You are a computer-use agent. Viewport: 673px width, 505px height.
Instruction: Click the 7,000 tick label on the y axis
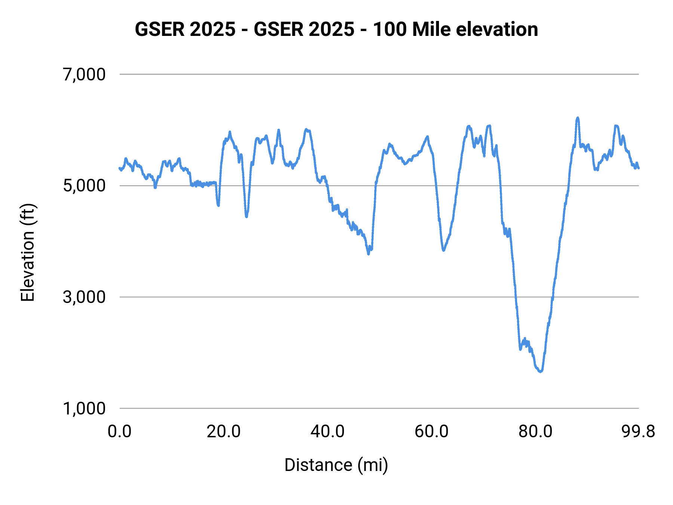[84, 74]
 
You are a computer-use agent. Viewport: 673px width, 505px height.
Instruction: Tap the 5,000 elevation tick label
[84, 186]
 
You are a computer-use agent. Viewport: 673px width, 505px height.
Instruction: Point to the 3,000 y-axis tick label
[84, 297]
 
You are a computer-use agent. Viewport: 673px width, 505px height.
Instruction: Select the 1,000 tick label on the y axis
[84, 408]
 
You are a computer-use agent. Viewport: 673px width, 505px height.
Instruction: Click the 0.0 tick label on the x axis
[120, 432]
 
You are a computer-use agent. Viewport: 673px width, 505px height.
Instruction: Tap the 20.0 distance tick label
[224, 432]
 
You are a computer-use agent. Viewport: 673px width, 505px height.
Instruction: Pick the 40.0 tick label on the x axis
[328, 432]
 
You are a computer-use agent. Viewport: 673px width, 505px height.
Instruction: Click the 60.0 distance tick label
[431, 432]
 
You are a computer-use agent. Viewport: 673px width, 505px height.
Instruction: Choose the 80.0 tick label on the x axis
[535, 432]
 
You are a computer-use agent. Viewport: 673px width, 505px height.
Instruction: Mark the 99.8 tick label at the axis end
[638, 432]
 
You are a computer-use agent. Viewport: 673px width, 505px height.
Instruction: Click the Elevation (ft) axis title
[28, 253]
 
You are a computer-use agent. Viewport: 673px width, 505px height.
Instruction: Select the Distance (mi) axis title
[336, 465]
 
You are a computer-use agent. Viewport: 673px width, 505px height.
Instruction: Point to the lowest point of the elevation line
[540, 371]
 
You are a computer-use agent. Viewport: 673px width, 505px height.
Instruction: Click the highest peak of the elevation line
[578, 118]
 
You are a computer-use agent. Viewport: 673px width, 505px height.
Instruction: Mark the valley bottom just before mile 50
[369, 254]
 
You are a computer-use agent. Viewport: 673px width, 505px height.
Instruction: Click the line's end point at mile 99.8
[638, 168]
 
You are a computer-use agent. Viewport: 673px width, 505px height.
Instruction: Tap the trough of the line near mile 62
[443, 250]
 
